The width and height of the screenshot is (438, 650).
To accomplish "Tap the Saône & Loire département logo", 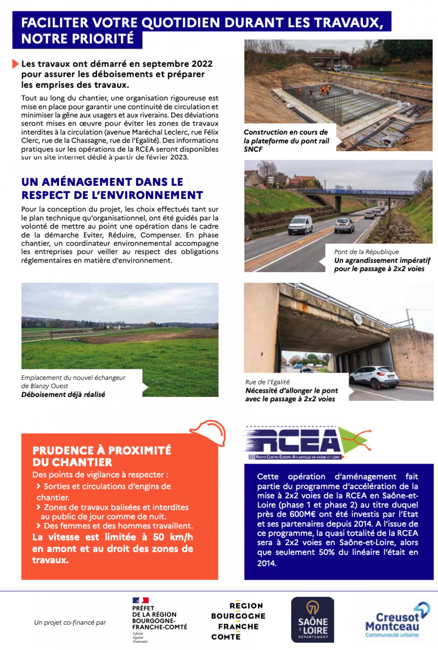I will pyautogui.click(x=312, y=619).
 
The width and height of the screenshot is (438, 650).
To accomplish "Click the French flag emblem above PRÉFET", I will pyautogui.click(x=140, y=600).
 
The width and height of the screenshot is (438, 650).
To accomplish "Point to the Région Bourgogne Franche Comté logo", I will pyautogui.click(x=238, y=621).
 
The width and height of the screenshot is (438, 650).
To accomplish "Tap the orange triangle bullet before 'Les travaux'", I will pyautogui.click(x=15, y=64).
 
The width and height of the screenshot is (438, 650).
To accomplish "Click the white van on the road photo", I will pyautogui.click(x=300, y=225).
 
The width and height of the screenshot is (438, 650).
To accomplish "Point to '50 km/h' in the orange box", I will pyautogui.click(x=173, y=537).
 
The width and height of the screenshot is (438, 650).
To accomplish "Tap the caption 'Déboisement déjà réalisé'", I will pyautogui.click(x=63, y=394).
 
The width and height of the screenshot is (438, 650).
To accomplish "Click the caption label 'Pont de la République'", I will pyautogui.click(x=366, y=252).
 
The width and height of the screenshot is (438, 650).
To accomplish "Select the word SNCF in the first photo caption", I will pyautogui.click(x=253, y=149).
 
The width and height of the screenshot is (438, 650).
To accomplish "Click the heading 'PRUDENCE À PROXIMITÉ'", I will pyautogui.click(x=102, y=450).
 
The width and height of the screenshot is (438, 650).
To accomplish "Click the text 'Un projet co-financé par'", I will pyautogui.click(x=70, y=622).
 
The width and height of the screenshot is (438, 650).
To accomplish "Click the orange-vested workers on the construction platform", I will pyautogui.click(x=323, y=90).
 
